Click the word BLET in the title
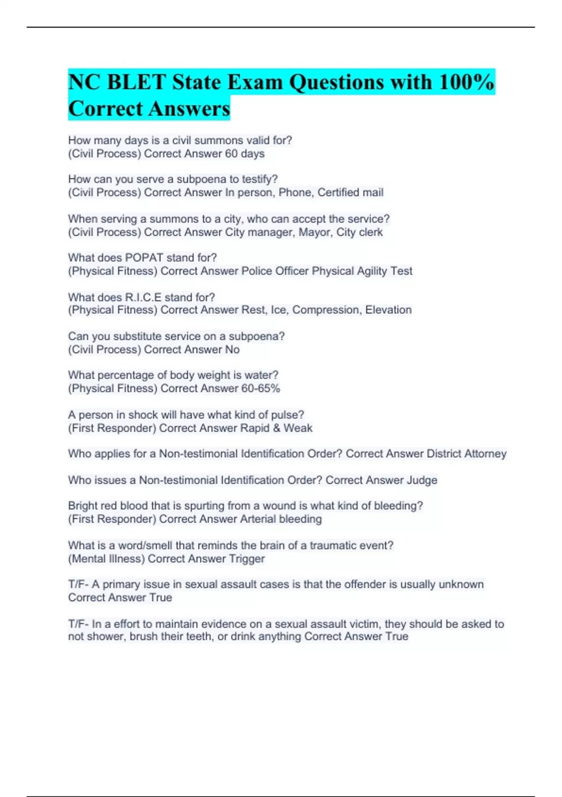[x=137, y=83]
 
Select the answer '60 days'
[x=244, y=154]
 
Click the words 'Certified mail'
[x=350, y=193]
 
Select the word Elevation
[x=388, y=310]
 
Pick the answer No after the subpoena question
[x=232, y=350]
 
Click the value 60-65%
[x=260, y=389]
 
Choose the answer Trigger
[x=247, y=559]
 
